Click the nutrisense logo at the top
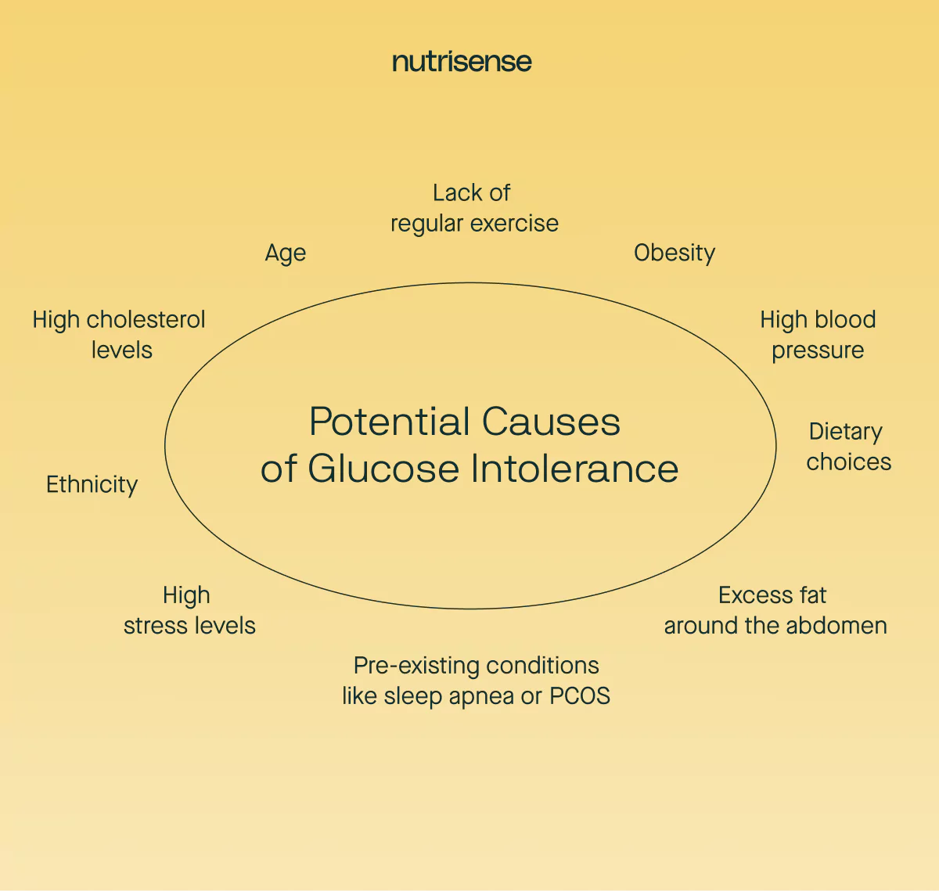pyautogui.click(x=462, y=62)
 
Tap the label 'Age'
pyautogui.click(x=285, y=253)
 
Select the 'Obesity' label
pyautogui.click(x=674, y=253)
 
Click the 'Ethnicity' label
pyautogui.click(x=92, y=484)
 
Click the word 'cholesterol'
pyautogui.click(x=146, y=319)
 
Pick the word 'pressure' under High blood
pyautogui.click(x=818, y=350)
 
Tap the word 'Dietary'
pyautogui.click(x=845, y=432)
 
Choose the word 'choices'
pyautogui.click(x=848, y=462)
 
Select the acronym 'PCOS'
pyautogui.click(x=579, y=695)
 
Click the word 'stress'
pyautogui.click(x=154, y=626)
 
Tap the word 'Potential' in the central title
pyautogui.click(x=389, y=422)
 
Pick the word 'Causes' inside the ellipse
pyautogui.click(x=551, y=422)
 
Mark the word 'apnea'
pyautogui.click(x=482, y=696)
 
